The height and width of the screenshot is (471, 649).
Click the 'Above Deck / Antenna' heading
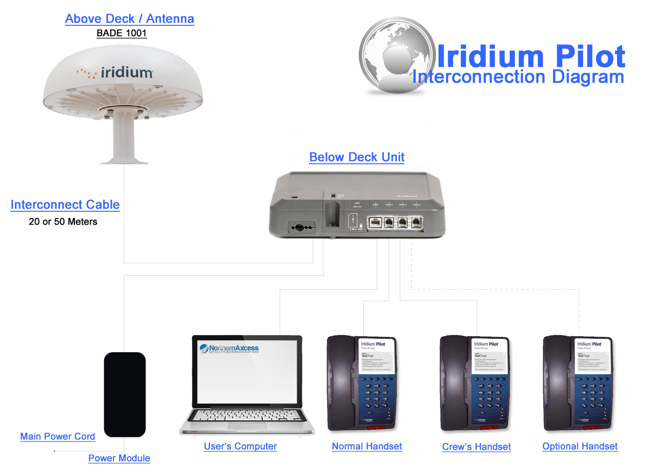point(129,19)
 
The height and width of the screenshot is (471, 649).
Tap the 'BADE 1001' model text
point(122,34)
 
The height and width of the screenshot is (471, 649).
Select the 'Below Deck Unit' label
point(356,157)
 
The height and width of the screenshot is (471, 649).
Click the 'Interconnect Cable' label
point(65,205)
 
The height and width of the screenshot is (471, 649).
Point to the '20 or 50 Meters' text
point(63,222)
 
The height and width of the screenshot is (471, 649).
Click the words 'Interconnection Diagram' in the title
point(518,77)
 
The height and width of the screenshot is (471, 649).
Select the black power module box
point(125,394)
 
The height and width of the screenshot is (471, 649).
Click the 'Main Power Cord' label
point(58,436)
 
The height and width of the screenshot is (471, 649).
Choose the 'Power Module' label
point(119,458)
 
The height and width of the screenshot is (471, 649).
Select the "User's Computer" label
point(240,446)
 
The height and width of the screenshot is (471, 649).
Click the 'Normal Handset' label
point(367,446)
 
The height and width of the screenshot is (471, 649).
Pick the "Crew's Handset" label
point(477,447)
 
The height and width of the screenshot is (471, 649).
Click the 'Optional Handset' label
point(580,446)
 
